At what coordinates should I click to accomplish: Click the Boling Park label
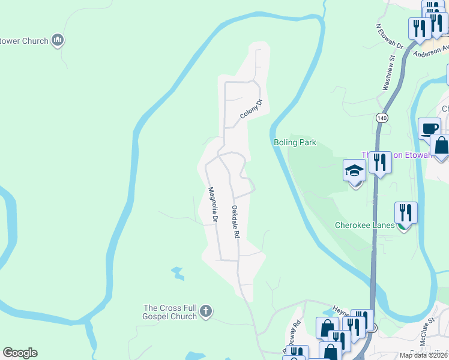coord(294,142)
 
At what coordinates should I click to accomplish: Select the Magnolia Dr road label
coord(211,205)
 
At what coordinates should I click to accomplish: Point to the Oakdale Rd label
coord(235,222)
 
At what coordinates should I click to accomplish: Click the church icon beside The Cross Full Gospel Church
coord(205,311)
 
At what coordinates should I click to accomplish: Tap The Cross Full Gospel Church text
coord(170,312)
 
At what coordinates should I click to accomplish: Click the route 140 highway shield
coord(382,118)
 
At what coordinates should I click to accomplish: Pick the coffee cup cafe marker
coord(429,128)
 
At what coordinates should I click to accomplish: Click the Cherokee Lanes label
coord(364,226)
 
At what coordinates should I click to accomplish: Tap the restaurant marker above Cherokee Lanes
coord(406,212)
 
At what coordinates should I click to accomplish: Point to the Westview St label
coord(388,74)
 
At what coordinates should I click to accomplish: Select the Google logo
coord(20,353)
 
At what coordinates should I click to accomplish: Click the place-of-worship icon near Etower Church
coord(58,41)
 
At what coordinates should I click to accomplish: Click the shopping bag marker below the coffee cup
coord(441,146)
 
